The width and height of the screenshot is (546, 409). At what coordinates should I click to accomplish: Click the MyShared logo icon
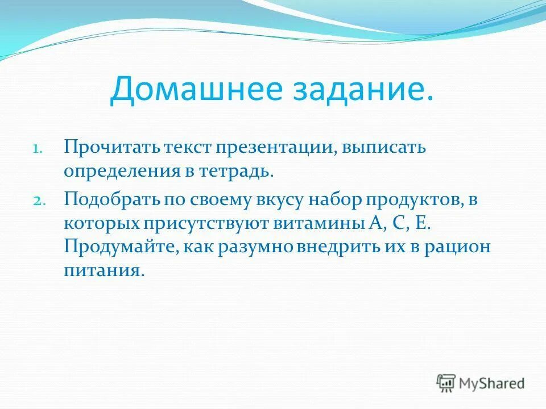click(x=446, y=382)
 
